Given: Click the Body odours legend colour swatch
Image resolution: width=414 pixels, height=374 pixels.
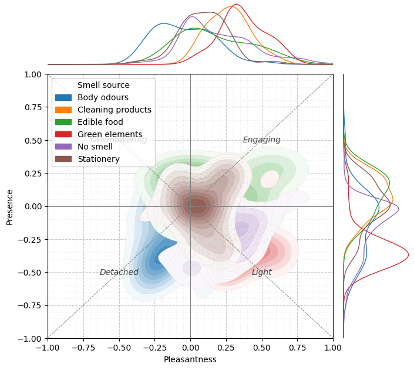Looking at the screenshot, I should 63,97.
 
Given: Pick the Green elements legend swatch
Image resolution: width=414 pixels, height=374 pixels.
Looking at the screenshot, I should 63,134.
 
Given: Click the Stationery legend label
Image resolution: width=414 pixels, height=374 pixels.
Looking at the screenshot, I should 98,159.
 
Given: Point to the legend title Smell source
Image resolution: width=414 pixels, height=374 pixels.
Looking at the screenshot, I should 103,85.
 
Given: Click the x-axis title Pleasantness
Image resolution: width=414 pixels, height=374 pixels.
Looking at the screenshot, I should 190,359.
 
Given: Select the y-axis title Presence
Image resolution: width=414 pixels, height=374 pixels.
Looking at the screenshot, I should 9,206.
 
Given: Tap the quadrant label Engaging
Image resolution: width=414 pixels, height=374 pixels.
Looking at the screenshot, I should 261,140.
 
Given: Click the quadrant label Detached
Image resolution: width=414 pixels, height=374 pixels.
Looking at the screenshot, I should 119,272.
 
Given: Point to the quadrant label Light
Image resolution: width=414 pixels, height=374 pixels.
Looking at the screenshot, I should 261,272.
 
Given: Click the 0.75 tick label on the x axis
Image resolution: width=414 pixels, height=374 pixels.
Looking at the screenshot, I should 297,347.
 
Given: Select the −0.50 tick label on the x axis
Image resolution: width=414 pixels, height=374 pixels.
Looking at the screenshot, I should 119,347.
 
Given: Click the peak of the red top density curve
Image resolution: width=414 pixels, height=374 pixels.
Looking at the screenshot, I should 235,5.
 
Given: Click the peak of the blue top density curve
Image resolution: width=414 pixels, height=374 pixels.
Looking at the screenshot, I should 163,23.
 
